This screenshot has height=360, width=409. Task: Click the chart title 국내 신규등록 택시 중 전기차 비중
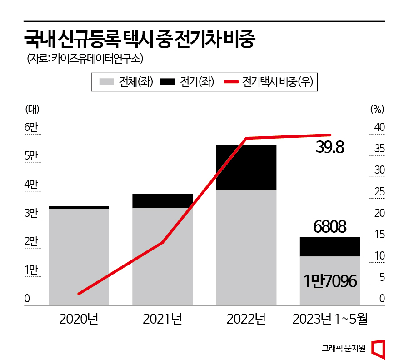pyautogui.click(x=140, y=40)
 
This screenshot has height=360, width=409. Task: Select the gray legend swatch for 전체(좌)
pyautogui.click(x=106, y=82)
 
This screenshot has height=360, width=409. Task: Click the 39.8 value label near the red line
pyautogui.click(x=330, y=147)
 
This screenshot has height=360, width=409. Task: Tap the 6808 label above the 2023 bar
pyautogui.click(x=330, y=226)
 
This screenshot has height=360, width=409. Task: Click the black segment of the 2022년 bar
pyautogui.click(x=246, y=167)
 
